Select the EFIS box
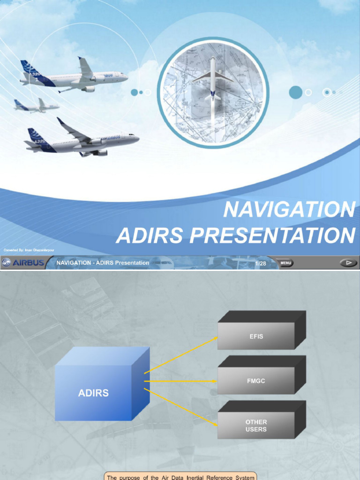point(256,336)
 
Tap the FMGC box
point(256,381)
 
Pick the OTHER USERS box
point(256,426)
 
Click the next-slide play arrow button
point(348,263)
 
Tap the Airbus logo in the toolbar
point(23,263)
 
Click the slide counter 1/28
point(261,263)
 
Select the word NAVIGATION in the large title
point(289,210)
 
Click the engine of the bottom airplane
point(100,153)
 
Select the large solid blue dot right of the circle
point(295,92)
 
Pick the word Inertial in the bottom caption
point(205,477)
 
